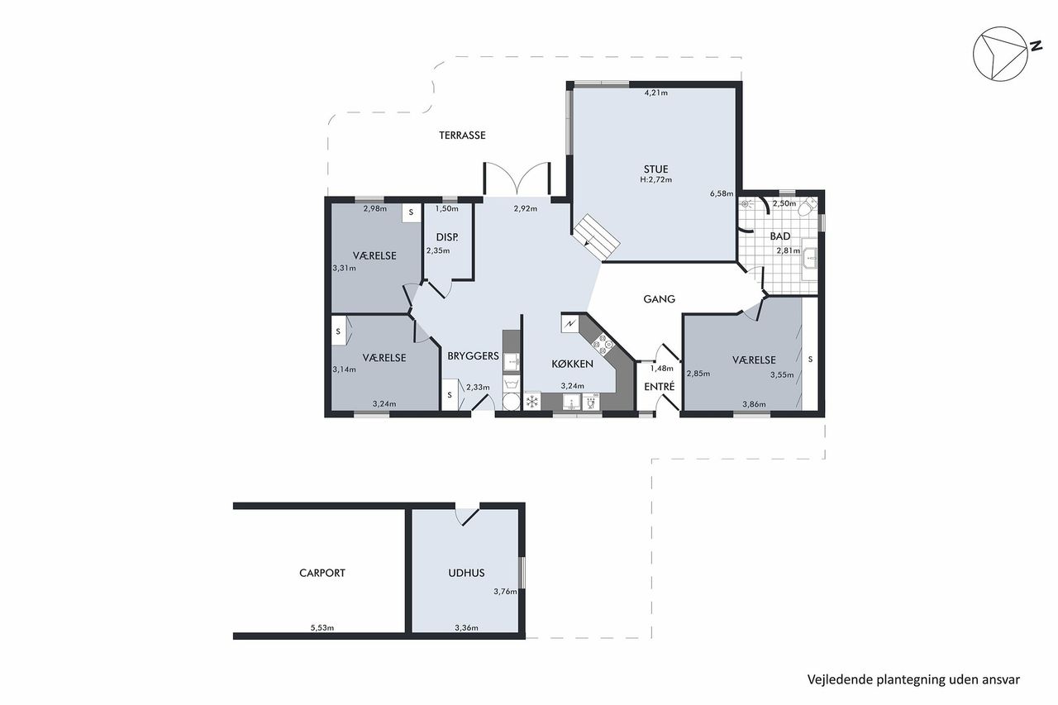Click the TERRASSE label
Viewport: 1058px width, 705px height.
coord(462,136)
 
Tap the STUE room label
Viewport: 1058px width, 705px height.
coord(655,169)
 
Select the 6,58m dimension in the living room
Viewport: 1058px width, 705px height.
coord(722,193)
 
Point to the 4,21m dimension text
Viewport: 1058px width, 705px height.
coord(656,93)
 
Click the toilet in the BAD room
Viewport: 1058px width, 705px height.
coord(808,207)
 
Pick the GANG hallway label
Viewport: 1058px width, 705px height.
coord(659,299)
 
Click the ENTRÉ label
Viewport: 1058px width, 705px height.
coord(660,386)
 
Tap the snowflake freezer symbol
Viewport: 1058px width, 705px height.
coord(533,402)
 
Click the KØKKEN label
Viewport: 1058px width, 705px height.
coord(573,364)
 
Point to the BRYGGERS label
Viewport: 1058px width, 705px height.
coord(473,355)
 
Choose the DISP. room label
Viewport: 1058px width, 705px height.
coord(447,237)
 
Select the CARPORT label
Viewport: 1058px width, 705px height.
coord(322,573)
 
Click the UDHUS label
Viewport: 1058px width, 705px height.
coord(466,573)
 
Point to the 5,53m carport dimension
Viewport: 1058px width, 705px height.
coord(322,627)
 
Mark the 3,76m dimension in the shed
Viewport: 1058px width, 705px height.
coord(505,591)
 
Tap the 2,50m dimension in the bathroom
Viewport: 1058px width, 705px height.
coord(784,203)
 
